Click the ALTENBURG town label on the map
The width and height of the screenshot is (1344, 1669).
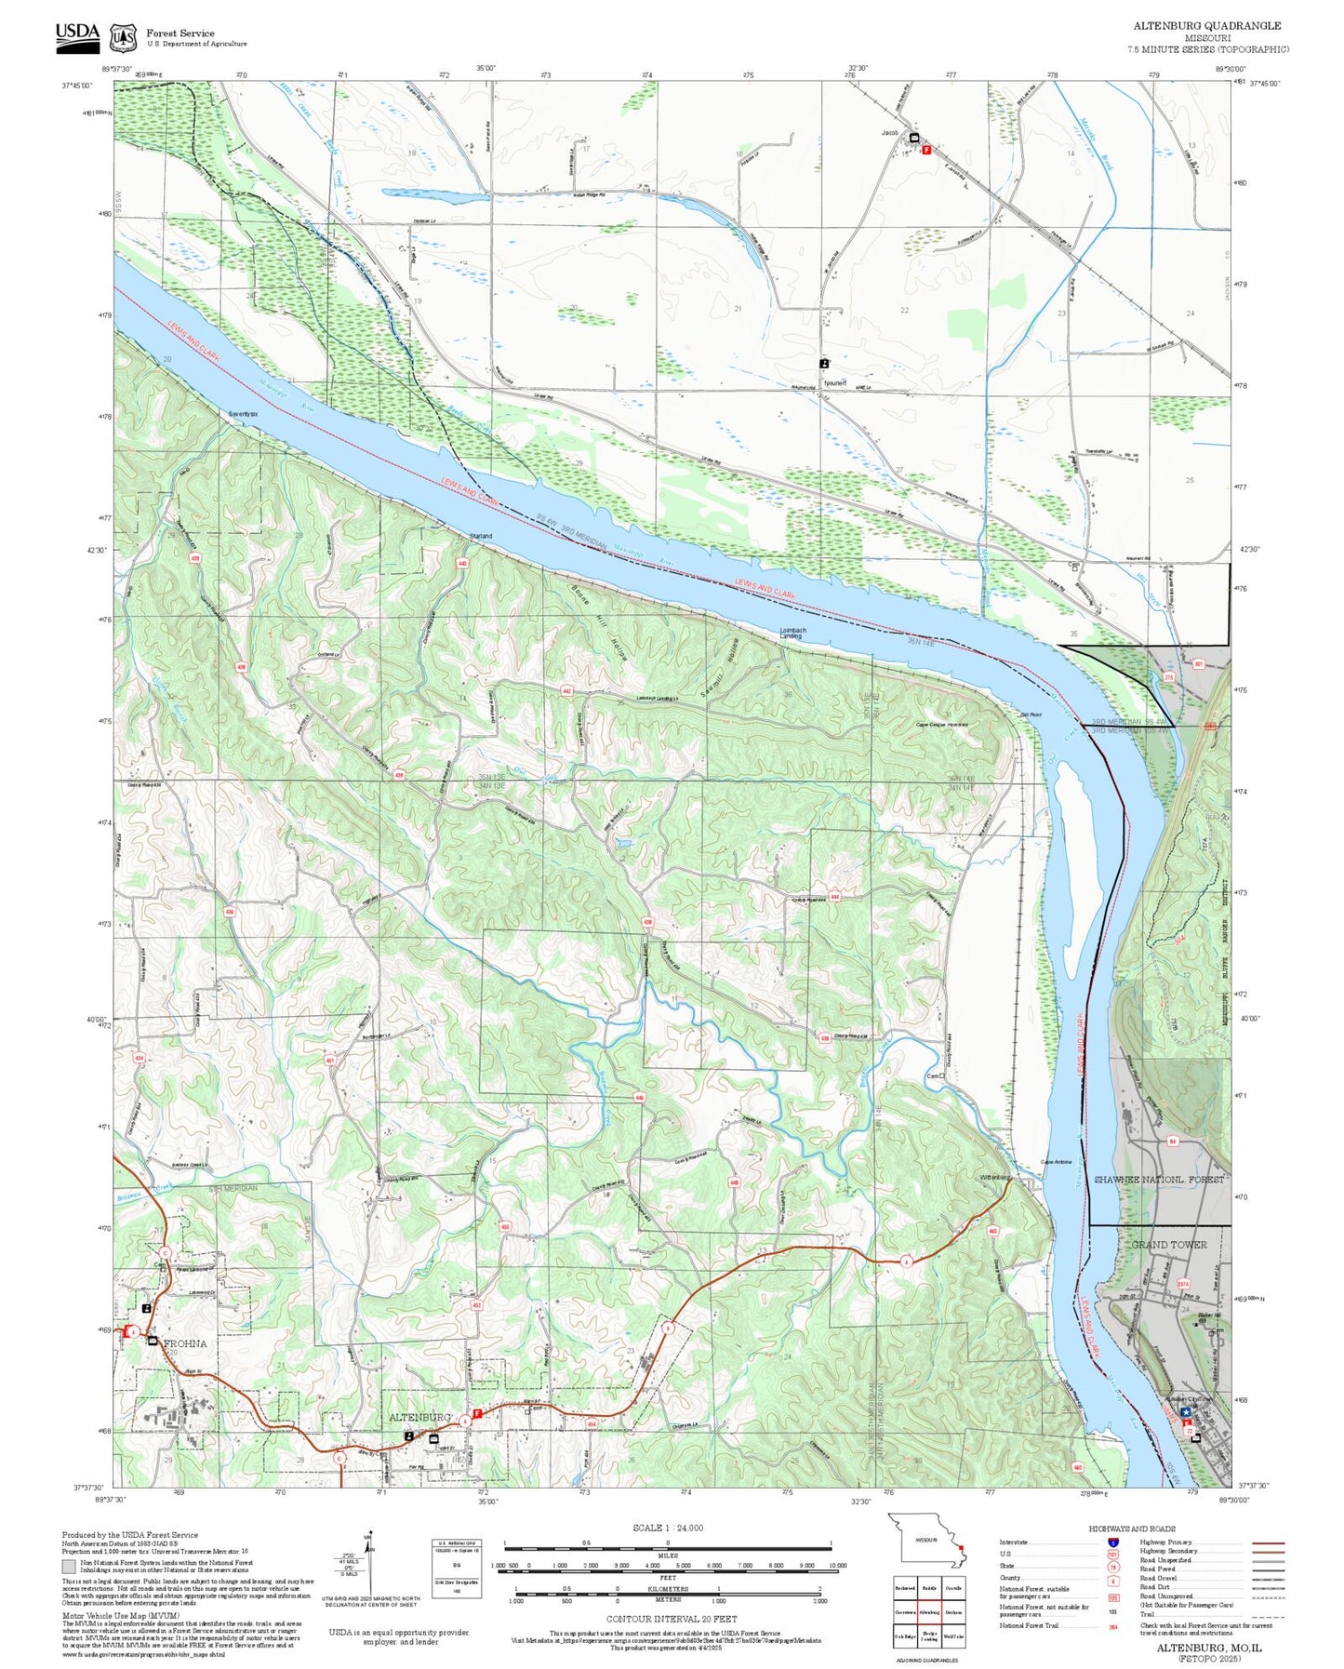tap(419, 1417)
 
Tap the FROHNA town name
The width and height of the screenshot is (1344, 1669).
tap(184, 1344)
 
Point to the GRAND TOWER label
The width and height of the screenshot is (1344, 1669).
tap(1168, 1245)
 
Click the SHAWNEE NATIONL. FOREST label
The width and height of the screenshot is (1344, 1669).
tap(1158, 1180)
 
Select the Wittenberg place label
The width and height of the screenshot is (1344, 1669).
tap(994, 1178)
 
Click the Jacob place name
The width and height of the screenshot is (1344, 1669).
tap(890, 133)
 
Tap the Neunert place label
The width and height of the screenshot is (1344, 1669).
tap(834, 382)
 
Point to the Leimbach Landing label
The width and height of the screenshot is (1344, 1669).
tap(792, 633)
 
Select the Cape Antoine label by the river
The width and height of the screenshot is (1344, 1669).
tap(1056, 1162)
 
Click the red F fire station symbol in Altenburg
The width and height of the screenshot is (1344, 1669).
tap(477, 1414)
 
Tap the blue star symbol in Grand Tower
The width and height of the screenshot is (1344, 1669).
tap(1186, 1411)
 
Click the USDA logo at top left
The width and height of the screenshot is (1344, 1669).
tap(77, 34)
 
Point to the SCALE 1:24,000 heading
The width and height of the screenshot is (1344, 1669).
tap(668, 1528)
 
